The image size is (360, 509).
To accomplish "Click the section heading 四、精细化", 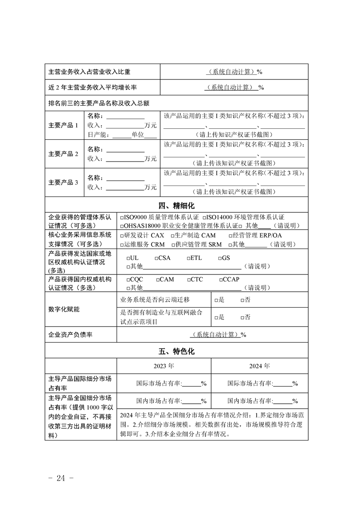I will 177,205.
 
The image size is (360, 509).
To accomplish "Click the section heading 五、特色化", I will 177,351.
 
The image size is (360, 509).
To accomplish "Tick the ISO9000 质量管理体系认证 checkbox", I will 122,218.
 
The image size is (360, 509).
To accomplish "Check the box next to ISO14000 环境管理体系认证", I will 205,218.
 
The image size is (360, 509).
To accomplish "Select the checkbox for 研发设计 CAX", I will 122,236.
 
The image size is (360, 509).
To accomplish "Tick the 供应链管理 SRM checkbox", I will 172,245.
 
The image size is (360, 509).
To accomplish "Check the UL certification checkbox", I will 128,258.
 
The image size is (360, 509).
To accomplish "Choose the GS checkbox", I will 220,258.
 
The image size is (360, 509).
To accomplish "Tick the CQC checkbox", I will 128,280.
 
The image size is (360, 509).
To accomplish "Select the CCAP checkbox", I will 220,280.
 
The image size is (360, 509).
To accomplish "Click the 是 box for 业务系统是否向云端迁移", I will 217,300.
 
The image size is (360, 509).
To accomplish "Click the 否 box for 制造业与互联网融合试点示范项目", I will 242,318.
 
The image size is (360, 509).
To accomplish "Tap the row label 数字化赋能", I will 64,309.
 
